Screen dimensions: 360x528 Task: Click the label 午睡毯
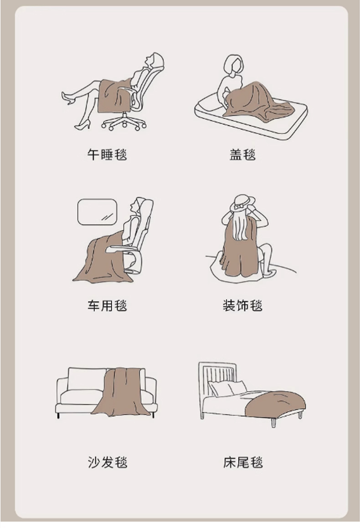[107, 155]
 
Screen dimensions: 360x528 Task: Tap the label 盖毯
[242, 155]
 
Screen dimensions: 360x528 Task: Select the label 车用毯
[107, 305]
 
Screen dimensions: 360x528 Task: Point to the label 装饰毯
[242, 305]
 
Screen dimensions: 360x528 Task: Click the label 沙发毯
[108, 462]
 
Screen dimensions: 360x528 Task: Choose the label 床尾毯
[243, 462]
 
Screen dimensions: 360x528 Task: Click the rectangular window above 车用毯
[97, 212]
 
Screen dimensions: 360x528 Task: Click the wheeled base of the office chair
[124, 123]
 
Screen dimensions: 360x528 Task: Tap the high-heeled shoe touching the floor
[83, 125]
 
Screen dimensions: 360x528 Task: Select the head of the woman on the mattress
[233, 65]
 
